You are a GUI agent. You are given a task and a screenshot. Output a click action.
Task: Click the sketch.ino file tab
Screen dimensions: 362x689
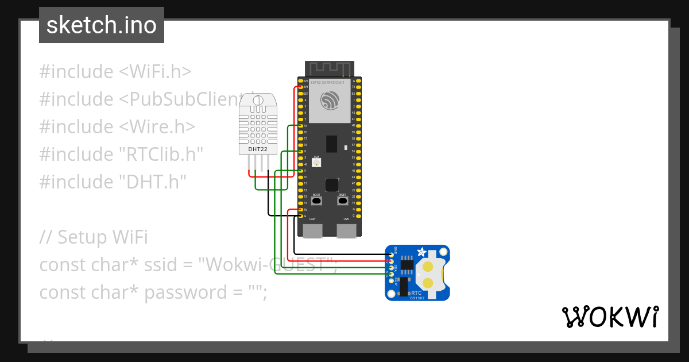pos(102,25)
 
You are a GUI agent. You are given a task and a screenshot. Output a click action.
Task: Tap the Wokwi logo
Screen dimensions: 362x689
pos(610,317)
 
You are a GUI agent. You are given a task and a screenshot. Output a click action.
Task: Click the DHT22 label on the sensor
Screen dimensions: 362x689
pos(257,149)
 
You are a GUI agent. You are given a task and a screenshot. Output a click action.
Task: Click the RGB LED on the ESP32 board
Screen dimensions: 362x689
pos(317,162)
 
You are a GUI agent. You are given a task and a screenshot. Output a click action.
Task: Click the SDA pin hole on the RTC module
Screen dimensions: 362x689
pos(392,268)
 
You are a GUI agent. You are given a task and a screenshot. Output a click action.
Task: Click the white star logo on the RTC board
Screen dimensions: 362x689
pos(423,252)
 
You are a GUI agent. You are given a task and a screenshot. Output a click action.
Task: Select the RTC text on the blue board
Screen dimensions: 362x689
pos(416,292)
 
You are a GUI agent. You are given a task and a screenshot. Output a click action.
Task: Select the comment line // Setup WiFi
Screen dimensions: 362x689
pos(94,237)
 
